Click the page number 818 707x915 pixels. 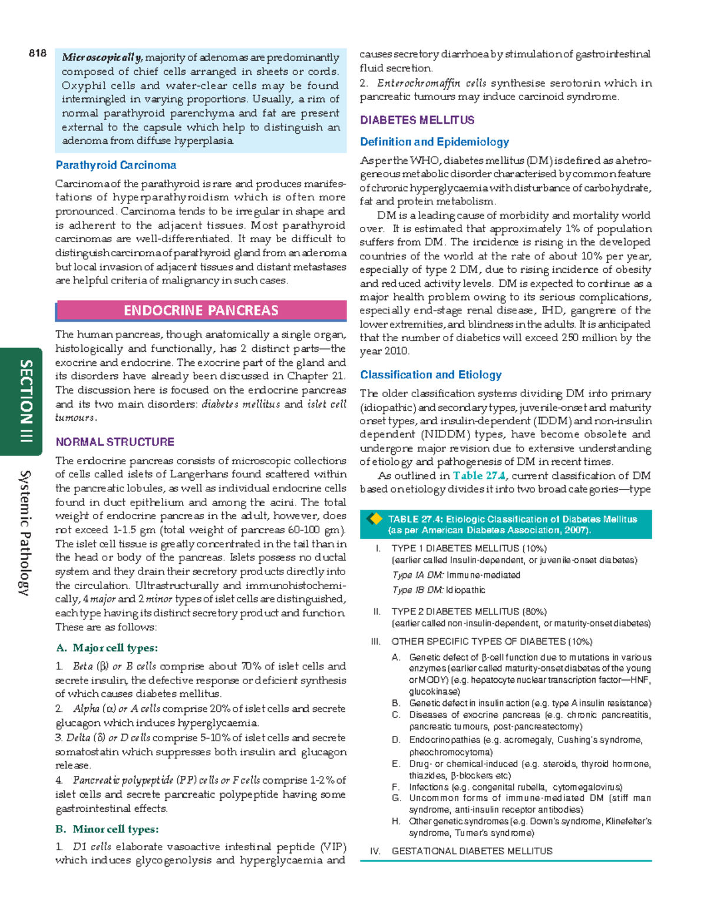pos(37,54)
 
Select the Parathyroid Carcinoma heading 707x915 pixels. pos(115,166)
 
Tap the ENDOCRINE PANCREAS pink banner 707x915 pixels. pos(201,310)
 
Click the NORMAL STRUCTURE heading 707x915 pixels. pos(115,442)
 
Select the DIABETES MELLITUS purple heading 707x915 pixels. pos(417,120)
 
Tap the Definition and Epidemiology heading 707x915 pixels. pos(434,142)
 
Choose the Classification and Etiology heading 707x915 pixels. pos(431,375)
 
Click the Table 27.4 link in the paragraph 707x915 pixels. pos(478,475)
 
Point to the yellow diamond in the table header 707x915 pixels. pos(374,519)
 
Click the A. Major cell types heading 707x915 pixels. pos(107,648)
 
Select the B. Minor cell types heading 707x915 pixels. pos(107,829)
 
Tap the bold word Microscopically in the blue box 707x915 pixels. pos(102,58)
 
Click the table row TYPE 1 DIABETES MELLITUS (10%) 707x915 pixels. pos(469,548)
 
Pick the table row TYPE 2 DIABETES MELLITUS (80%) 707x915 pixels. pos(469,612)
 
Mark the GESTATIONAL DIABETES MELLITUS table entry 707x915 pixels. pos(472,851)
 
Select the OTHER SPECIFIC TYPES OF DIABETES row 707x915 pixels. pos(491,642)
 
